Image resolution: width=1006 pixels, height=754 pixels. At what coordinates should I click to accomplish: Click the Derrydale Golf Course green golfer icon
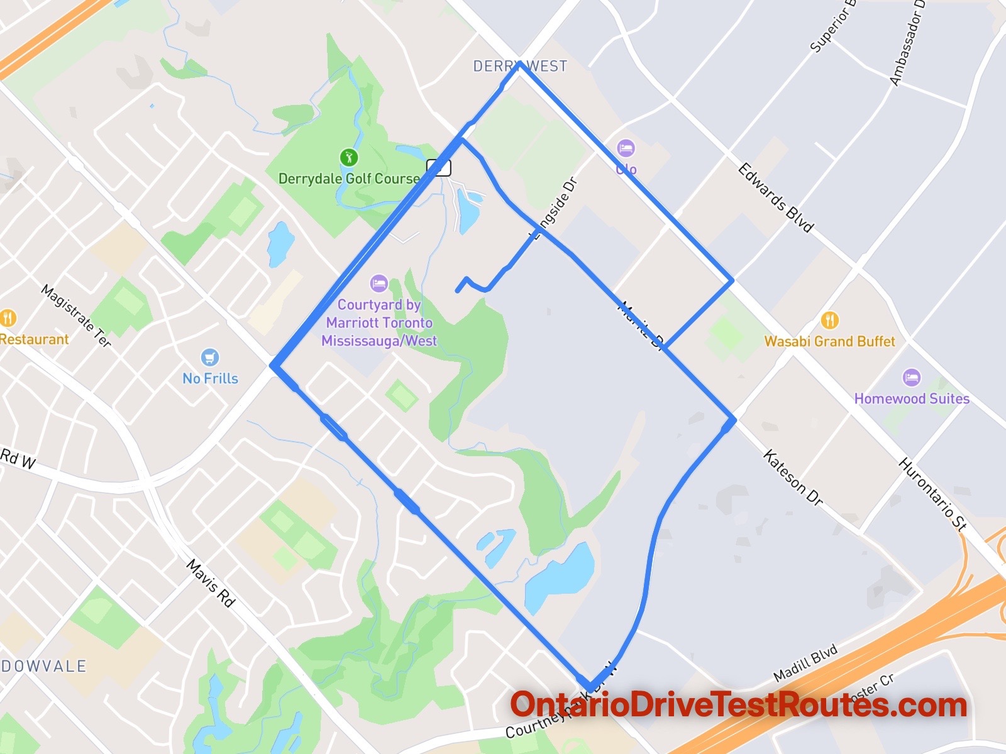point(348,157)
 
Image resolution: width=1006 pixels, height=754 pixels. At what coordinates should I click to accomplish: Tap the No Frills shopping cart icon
point(210,358)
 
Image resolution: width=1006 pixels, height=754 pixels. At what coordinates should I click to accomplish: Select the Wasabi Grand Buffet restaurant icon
point(829,320)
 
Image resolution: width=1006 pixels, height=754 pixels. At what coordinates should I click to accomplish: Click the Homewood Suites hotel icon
point(911,378)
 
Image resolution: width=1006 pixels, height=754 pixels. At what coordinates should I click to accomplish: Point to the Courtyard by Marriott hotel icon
point(379,283)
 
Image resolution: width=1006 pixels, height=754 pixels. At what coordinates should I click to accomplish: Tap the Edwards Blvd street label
point(775,197)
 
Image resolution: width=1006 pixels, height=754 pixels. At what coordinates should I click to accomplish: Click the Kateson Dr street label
point(793,478)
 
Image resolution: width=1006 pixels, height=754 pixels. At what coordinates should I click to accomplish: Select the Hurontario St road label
point(932,494)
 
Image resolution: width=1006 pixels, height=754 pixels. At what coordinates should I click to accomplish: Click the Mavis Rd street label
point(211,584)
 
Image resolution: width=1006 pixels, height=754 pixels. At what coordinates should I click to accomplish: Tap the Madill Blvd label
point(805,663)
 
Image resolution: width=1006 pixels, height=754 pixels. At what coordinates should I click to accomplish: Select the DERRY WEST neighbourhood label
point(520,66)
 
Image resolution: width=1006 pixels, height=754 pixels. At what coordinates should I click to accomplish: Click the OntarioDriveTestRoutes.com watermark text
point(738,705)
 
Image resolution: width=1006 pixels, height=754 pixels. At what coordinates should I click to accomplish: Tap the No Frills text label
point(210,378)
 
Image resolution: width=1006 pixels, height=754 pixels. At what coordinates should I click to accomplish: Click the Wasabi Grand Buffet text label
point(829,341)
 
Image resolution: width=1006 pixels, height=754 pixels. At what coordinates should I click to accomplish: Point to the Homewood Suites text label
point(911,398)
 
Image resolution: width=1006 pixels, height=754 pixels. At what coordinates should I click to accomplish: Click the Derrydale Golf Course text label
point(349,178)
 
